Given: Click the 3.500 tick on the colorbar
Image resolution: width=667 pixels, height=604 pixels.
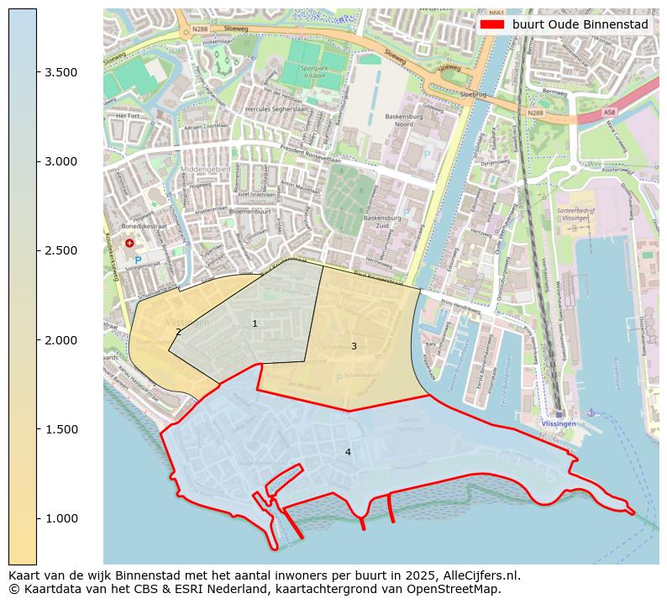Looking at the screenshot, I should (37, 72).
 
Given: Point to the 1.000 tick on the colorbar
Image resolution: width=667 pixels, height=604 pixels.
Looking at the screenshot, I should (37, 518).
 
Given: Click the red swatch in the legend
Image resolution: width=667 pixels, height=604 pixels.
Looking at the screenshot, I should (492, 25).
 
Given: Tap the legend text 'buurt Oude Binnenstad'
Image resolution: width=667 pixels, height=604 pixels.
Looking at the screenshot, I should (580, 25).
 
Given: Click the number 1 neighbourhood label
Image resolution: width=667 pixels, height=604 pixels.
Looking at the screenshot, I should (255, 323).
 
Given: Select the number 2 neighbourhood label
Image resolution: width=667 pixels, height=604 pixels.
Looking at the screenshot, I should (178, 332).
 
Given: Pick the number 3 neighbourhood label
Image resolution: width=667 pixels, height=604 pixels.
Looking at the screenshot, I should (354, 346).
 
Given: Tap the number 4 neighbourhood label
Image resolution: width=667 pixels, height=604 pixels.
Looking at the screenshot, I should (348, 452).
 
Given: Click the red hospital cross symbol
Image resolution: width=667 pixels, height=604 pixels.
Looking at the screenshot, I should (129, 243).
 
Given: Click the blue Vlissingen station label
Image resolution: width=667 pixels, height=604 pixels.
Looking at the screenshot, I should (559, 424).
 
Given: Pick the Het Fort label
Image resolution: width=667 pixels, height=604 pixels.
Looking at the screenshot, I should (127, 115).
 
